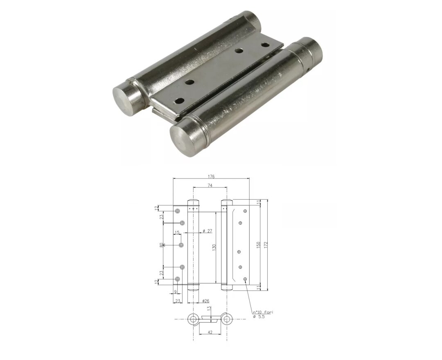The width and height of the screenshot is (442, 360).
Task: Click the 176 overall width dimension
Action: coord(211,177)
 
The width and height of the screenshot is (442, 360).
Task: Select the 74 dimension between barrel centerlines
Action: coord(210,185)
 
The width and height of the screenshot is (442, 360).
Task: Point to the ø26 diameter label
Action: coord(206,301)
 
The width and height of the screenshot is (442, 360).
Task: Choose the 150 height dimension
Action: coord(258,244)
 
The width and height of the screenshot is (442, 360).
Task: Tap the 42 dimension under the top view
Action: coord(210,333)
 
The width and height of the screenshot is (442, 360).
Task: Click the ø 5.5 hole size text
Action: coord(259,317)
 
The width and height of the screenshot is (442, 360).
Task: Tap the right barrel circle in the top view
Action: coord(226,319)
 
